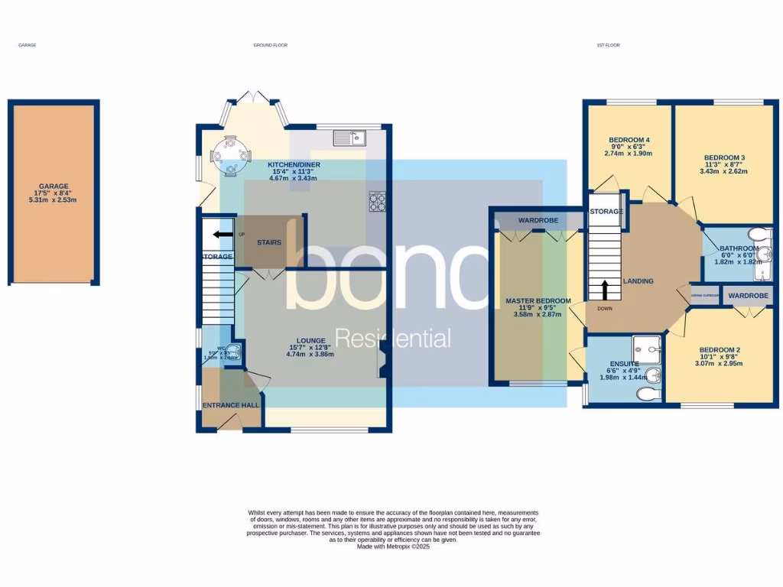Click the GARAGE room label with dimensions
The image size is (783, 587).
click(x=54, y=193)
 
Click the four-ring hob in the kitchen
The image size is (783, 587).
click(x=378, y=201)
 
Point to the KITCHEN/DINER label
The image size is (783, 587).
click(x=294, y=170)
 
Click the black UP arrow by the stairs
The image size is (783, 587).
click(x=223, y=235)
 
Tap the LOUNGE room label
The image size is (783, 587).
click(x=311, y=346)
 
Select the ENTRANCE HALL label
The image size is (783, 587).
click(x=230, y=405)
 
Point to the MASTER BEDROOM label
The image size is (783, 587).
click(x=538, y=306)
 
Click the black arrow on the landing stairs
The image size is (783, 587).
click(x=605, y=290)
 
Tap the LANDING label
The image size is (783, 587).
click(x=638, y=281)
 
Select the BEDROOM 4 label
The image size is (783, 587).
click(x=629, y=146)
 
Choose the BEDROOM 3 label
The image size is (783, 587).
click(x=724, y=164)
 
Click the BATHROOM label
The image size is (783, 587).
click(x=739, y=254)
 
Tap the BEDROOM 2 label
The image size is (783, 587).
click(x=720, y=357)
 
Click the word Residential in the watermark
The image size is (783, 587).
click(x=393, y=338)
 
